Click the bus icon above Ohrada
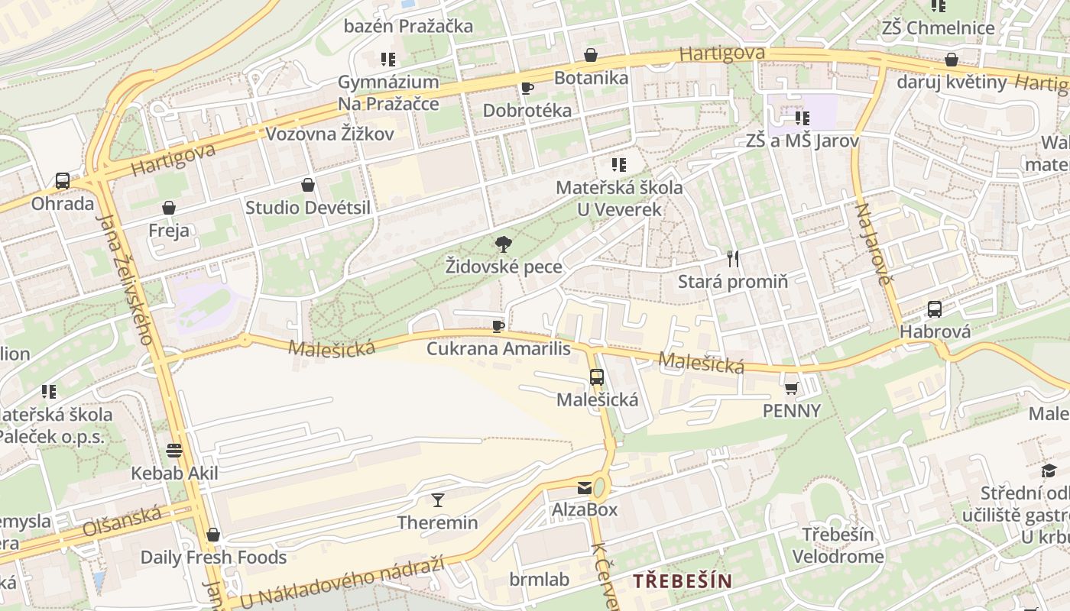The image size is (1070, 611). coord(63,181)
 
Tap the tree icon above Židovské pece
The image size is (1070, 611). coord(503,245)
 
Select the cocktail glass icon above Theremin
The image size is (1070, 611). coord(437,500)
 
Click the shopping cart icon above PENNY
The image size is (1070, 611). coord(791,388)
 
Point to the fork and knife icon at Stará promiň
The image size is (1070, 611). coord(733,259)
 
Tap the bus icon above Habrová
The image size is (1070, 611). coord(934,309)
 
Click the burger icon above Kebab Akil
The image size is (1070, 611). coord(174,450)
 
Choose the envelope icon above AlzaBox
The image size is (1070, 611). coord(585,487)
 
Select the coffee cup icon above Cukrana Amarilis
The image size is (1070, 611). coord(498,327)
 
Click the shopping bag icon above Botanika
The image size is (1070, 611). coord(590,55)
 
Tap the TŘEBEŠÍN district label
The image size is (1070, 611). coord(682,580)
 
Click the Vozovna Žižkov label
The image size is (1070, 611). coord(329,134)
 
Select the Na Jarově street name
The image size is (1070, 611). coord(874,244)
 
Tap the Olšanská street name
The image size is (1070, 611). coord(122,520)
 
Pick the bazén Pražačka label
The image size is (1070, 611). coord(408,26)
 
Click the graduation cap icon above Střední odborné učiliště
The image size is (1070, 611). coord(1049,470)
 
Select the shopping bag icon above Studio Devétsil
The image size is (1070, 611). coord(307,185)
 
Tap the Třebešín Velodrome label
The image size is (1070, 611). coord(838,545)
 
